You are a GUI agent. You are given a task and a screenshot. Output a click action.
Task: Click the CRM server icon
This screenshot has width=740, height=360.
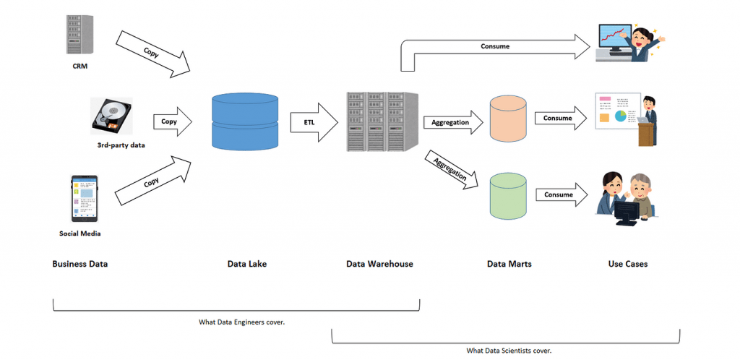(x=80, y=34)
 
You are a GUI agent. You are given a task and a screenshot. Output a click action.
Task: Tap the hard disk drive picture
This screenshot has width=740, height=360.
(x=111, y=116)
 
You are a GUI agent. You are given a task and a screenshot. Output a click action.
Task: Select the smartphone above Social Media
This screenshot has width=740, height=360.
(x=85, y=199)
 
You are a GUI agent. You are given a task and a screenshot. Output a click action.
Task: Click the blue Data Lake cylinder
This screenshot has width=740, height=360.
(x=246, y=121)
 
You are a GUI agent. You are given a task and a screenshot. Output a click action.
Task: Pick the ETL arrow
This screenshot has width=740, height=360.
(x=314, y=121)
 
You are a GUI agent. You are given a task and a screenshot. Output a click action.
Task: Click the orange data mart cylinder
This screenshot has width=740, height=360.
(x=508, y=119)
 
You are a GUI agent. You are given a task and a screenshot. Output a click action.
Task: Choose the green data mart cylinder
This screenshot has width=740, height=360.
(x=508, y=197)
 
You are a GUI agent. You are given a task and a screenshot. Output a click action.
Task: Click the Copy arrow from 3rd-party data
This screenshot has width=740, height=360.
(x=173, y=121)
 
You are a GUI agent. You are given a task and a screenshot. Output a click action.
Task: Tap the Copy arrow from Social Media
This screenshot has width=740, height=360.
(x=153, y=181)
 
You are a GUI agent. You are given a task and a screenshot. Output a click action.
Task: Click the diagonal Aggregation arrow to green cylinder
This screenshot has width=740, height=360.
(x=451, y=170)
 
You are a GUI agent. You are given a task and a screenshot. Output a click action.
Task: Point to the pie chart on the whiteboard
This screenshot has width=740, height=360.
(x=620, y=116)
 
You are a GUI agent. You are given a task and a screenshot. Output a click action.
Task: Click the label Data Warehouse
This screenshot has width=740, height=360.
(x=379, y=264)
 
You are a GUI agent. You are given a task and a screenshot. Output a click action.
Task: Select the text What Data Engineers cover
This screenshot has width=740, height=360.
(x=241, y=322)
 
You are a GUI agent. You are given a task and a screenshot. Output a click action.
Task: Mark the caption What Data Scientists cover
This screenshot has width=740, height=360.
(x=509, y=351)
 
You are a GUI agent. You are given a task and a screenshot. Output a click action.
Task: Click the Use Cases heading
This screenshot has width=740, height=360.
(x=628, y=264)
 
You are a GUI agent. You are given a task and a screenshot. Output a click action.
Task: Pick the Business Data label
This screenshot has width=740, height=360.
(x=79, y=264)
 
